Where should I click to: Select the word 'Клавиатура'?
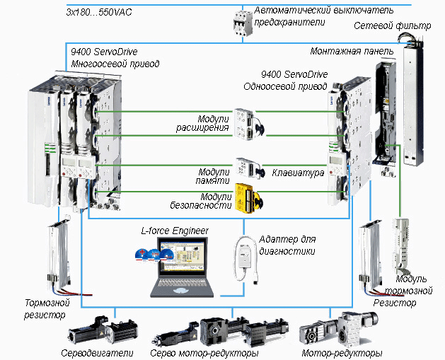pos(299,172)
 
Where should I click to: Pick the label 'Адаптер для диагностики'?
pos(287,245)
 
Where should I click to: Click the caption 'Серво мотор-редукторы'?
pos(204,352)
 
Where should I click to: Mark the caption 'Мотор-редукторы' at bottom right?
pos(342,352)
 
